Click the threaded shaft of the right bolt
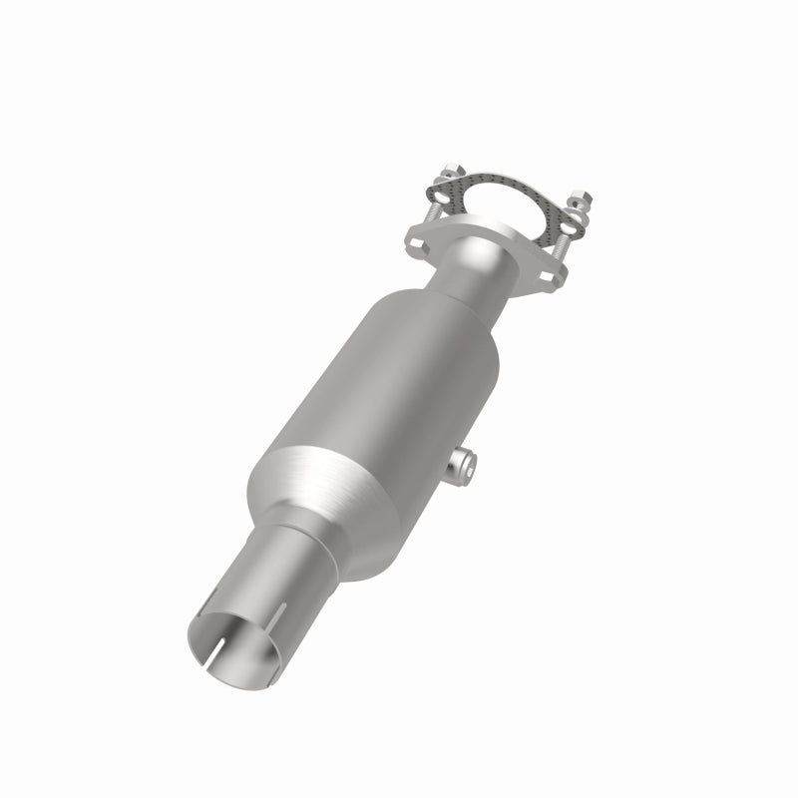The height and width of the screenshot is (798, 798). point(561,248)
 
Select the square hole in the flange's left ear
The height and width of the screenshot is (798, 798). point(416,243)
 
